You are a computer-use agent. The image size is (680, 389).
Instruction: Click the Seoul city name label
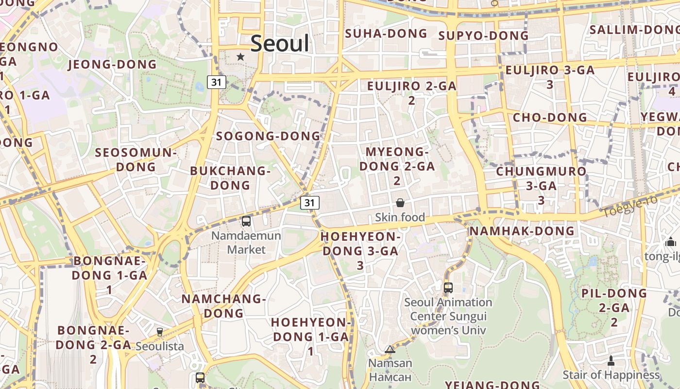[x=280, y=44]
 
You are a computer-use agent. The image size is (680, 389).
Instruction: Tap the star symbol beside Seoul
[x=240, y=57]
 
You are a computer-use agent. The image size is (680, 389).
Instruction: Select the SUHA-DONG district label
[x=386, y=34]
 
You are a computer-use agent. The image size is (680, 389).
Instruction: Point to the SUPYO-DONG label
[x=483, y=35]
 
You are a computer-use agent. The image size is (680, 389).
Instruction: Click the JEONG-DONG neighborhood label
[x=113, y=64]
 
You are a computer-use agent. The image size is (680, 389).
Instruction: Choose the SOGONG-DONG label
[x=269, y=136]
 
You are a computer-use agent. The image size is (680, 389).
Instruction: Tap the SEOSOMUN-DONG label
[x=136, y=159]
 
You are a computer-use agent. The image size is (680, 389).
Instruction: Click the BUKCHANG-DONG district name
[x=230, y=178]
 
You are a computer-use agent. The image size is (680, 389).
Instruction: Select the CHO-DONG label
[x=550, y=117]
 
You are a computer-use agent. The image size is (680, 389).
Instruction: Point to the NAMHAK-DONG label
[x=522, y=230]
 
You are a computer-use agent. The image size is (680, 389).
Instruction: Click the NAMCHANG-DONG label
[x=223, y=305]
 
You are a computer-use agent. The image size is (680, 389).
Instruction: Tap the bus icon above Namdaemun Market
[x=246, y=221]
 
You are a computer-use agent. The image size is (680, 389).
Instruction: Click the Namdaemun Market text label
[x=246, y=243]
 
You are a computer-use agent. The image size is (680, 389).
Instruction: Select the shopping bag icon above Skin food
[x=400, y=202]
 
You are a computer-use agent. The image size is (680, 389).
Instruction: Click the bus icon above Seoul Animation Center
[x=448, y=287]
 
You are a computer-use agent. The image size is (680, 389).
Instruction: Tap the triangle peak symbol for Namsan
[x=390, y=349]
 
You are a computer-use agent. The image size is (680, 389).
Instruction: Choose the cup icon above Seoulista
[x=159, y=332]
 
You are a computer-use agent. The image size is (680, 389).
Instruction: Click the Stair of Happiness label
[x=611, y=375]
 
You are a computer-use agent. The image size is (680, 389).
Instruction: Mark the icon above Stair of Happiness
[x=611, y=361]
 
